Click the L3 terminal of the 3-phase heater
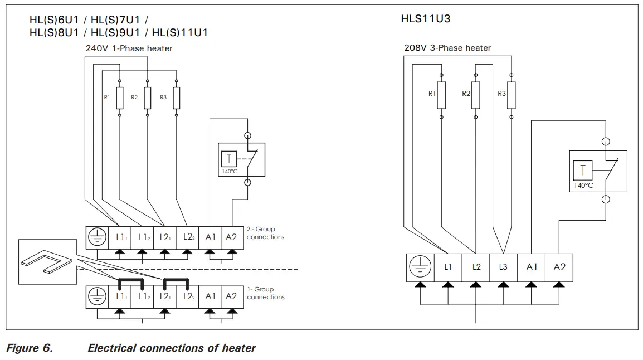(503, 267)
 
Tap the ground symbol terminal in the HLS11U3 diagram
(420, 267)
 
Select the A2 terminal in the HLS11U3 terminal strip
(559, 267)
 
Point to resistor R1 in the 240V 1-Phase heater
(119, 98)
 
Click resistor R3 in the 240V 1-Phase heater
(177, 98)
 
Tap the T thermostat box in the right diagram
(583, 170)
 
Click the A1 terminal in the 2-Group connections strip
(210, 237)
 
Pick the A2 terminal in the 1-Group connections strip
(231, 296)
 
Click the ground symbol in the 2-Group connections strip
(96, 237)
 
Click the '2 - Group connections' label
(265, 233)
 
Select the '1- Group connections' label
(265, 293)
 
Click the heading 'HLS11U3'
(425, 18)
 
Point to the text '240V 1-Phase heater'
(129, 48)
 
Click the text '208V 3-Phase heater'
(447, 48)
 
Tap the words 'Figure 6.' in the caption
(29, 348)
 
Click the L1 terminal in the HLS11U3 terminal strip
(447, 267)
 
